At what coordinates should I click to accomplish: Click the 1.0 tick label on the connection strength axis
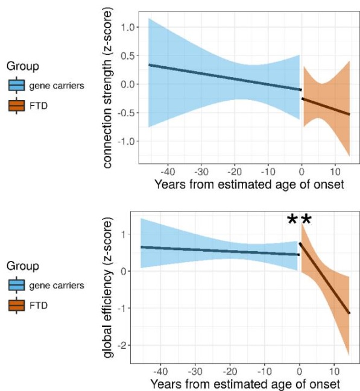point(128,27)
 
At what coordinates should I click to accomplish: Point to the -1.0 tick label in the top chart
point(126,142)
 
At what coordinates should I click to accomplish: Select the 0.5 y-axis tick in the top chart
point(128,56)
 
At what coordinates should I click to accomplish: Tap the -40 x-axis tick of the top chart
point(168,172)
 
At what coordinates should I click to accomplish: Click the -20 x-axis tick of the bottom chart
point(230,372)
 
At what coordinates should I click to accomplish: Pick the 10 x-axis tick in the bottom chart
point(334,372)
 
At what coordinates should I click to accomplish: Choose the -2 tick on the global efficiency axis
point(122,345)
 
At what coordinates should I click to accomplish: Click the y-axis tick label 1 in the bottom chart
point(125,234)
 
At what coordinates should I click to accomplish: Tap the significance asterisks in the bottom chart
point(299,220)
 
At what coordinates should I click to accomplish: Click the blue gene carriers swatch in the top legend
point(16,85)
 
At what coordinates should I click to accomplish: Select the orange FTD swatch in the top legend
point(16,105)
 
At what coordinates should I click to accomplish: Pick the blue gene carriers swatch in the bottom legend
point(16,285)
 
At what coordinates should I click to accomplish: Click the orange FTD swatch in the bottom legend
point(16,305)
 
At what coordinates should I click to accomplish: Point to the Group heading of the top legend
point(23,67)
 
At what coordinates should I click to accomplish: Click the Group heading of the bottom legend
point(23,266)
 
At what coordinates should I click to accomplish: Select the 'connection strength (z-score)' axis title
point(107,88)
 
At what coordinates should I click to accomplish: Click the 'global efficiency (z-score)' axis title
point(107,287)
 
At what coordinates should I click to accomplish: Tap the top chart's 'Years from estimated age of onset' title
point(249,184)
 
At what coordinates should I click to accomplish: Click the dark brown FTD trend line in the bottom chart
point(324,278)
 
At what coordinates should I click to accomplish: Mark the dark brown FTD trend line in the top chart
point(326,107)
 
